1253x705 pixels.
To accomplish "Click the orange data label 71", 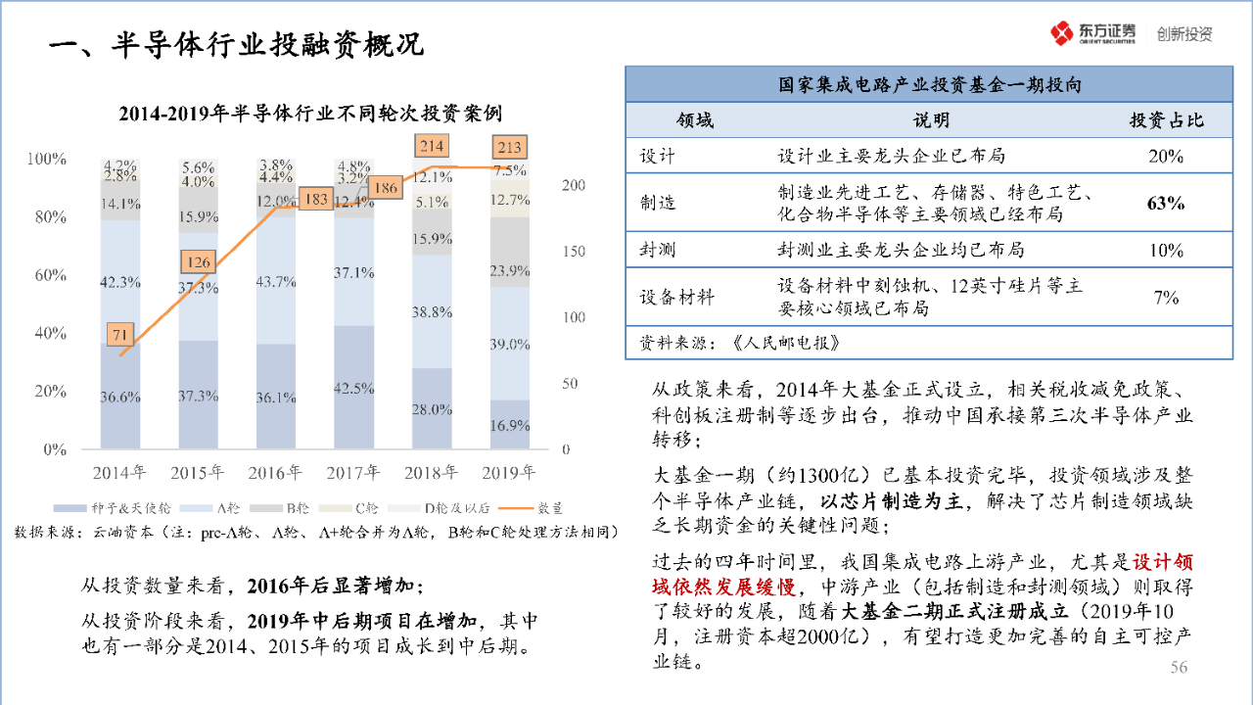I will pyautogui.click(x=120, y=335).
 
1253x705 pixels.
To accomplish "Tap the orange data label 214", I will pyautogui.click(x=431, y=147).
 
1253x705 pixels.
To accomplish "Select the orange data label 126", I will pyautogui.click(x=199, y=262).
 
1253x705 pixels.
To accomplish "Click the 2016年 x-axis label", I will pyautogui.click(x=275, y=473).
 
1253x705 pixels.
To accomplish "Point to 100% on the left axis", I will pyautogui.click(x=47, y=159).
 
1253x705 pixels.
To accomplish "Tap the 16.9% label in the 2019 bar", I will pyautogui.click(x=509, y=426).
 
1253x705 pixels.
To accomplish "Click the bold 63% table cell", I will pyautogui.click(x=1166, y=204).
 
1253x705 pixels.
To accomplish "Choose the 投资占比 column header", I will pyautogui.click(x=1166, y=120).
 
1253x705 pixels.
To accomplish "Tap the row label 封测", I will pyautogui.click(x=658, y=250).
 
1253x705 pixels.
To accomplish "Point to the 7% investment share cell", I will pyautogui.click(x=1166, y=298).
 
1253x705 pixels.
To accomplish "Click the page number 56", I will pyautogui.click(x=1179, y=667).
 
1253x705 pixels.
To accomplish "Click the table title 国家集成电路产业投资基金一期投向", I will pyautogui.click(x=930, y=86).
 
